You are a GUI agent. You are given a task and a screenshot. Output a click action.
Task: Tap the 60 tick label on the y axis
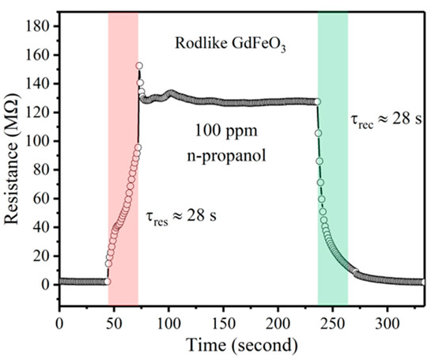click(x=43, y=198)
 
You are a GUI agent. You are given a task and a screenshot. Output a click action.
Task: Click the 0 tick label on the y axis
click(x=47, y=283)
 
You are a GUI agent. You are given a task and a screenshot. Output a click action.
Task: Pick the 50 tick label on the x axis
click(x=114, y=324)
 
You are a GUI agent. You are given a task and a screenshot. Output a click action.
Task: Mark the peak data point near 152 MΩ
click(x=139, y=66)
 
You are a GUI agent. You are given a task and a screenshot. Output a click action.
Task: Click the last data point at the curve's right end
click(x=424, y=282)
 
